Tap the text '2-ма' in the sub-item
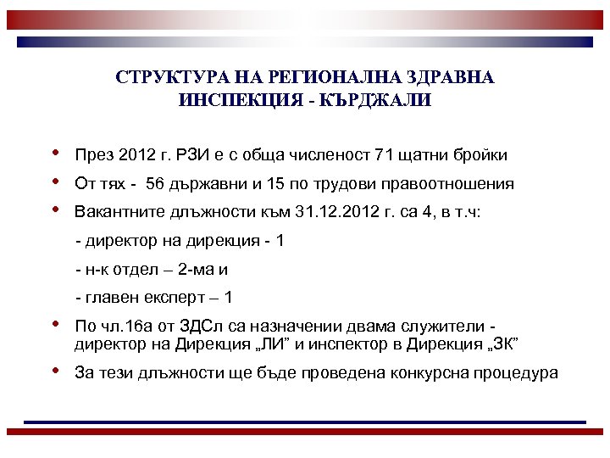coord(200,270)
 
